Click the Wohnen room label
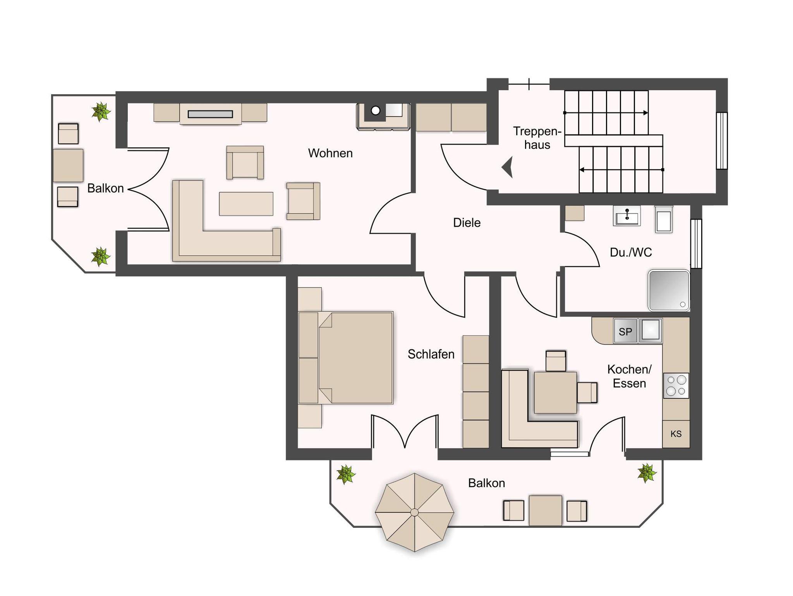click(330, 153)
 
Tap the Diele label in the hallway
click(467, 222)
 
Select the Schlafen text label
click(431, 354)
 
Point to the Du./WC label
click(631, 252)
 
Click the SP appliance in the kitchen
click(625, 331)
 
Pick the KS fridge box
click(676, 434)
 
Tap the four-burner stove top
click(676, 386)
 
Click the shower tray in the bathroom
click(669, 290)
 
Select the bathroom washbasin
click(627, 215)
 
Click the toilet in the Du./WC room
click(663, 219)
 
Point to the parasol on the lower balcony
click(414, 512)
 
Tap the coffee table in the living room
click(246, 204)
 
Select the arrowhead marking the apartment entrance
click(508, 167)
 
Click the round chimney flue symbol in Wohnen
click(375, 110)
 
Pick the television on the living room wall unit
click(210, 114)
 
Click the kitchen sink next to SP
click(650, 331)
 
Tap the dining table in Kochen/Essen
click(555, 392)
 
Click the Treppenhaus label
click(537, 138)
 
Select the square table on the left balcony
click(68, 165)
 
